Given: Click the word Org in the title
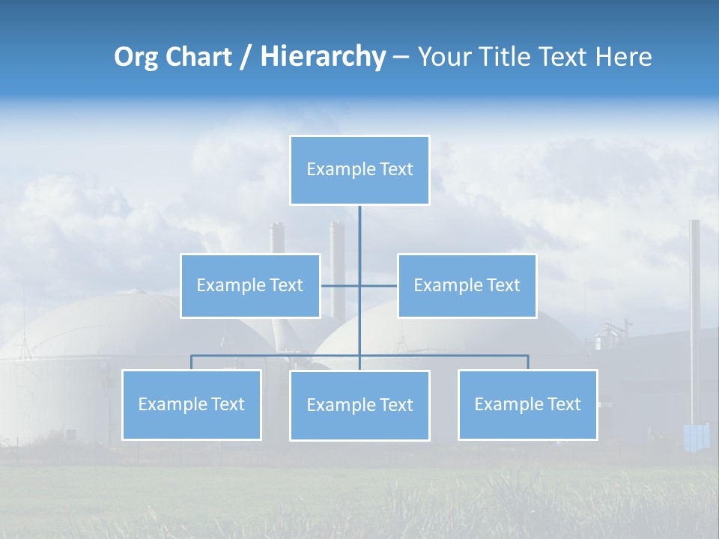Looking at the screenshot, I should tap(136, 57).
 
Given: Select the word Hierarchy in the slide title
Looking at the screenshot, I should tap(323, 57).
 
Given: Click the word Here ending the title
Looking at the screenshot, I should tap(624, 57).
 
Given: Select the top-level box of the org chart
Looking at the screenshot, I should tap(359, 170).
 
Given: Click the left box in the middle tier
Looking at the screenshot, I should tap(250, 285).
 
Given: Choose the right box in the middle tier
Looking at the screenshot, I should tap(467, 285).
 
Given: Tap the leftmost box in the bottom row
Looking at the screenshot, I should tap(192, 405).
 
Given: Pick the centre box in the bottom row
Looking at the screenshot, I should tap(359, 405).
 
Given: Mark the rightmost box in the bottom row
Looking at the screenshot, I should tap(527, 405).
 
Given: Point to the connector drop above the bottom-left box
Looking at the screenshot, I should tap(192, 362).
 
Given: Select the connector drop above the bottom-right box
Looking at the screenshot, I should tap(528, 362).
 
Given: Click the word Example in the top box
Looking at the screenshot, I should tap(333, 169).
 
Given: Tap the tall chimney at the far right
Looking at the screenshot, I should tap(695, 314).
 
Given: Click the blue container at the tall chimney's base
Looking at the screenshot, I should tap(697, 437).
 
